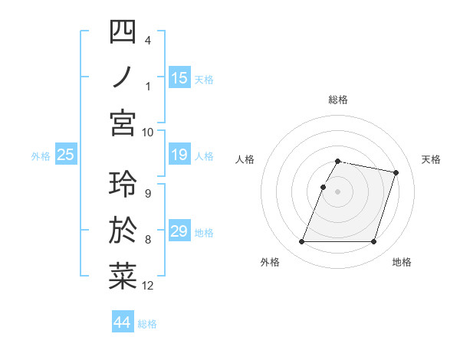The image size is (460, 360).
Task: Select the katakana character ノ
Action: (x=123, y=77)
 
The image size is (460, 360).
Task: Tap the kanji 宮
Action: (x=123, y=123)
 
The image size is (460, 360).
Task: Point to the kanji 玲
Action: (x=123, y=185)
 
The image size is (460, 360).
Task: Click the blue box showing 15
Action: (x=179, y=77)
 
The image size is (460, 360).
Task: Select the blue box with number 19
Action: (x=179, y=155)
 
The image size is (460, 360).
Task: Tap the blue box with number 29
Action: (x=179, y=232)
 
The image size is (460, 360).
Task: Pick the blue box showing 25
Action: (x=66, y=155)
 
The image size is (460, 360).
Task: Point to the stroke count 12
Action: (x=148, y=286)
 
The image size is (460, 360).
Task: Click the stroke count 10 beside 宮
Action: (x=148, y=132)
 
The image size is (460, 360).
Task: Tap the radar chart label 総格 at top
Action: (x=338, y=100)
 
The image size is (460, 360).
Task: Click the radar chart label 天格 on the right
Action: (x=432, y=159)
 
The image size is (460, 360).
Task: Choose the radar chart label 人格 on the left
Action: (x=245, y=159)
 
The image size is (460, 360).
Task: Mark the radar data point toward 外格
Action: (x=301, y=242)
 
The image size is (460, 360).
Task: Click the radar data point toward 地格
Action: (x=374, y=242)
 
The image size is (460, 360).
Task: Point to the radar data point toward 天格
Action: (x=396, y=173)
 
